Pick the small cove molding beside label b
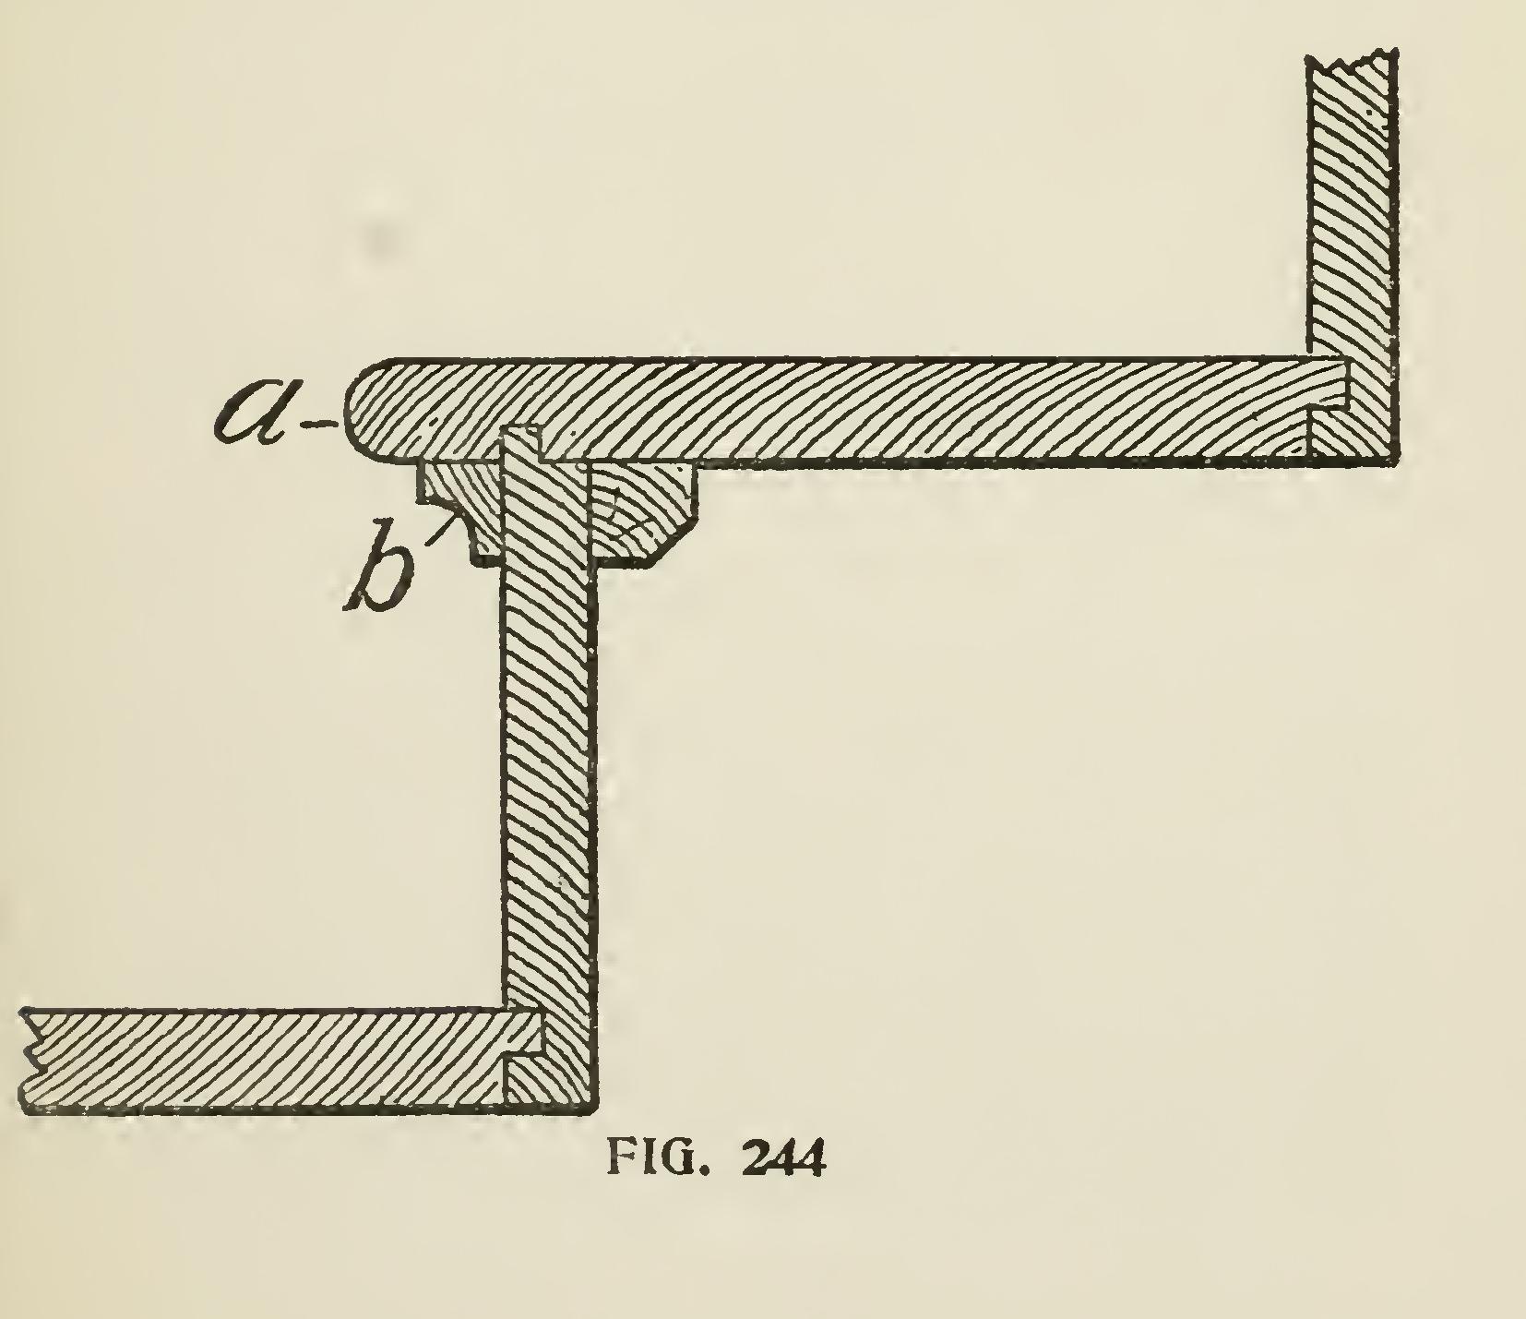458,512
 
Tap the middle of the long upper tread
867,408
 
